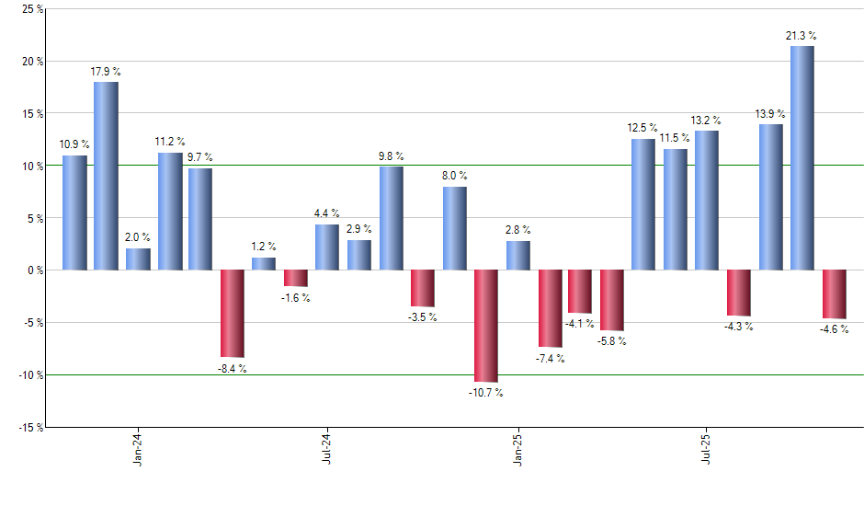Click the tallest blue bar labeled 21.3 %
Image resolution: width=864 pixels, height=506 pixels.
click(x=801, y=158)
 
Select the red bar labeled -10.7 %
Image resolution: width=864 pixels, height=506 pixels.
click(x=485, y=326)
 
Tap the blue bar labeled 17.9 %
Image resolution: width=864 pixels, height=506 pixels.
click(x=106, y=176)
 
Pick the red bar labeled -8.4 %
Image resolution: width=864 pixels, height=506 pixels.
click(x=232, y=313)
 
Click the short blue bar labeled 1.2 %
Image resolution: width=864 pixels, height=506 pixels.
click(x=264, y=264)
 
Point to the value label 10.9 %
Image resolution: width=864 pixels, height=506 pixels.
click(x=74, y=144)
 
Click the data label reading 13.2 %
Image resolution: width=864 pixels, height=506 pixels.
click(x=706, y=120)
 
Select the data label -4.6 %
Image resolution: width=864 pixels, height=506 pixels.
click(x=834, y=328)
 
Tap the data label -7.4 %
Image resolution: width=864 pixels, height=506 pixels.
click(x=550, y=358)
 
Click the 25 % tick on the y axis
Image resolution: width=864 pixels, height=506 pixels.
click(x=31, y=9)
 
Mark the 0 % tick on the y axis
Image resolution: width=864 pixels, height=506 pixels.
click(x=34, y=270)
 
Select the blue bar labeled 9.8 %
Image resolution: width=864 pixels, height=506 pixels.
click(x=391, y=218)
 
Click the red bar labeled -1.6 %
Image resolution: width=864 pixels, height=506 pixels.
click(x=295, y=279)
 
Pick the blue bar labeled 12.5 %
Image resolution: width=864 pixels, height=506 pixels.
click(x=642, y=204)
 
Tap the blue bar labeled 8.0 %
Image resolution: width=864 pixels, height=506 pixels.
click(x=454, y=228)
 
